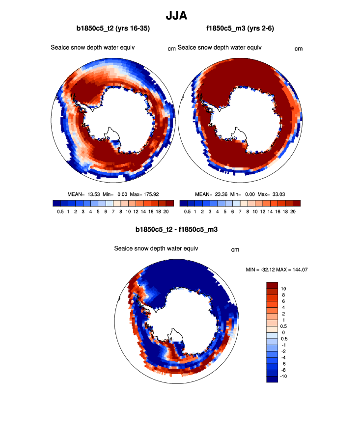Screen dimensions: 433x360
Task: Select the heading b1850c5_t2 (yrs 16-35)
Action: (113, 29)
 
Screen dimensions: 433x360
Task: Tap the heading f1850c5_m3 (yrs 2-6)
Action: (240, 29)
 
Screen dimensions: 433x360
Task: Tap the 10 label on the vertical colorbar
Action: (284, 288)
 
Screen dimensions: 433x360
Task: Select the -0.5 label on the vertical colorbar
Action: (285, 339)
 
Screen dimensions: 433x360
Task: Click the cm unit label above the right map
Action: (298, 49)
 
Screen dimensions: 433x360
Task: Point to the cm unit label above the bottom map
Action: (235, 250)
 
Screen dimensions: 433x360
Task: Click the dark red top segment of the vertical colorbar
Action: (272, 286)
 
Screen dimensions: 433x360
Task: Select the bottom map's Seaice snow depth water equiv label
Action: (156, 248)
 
